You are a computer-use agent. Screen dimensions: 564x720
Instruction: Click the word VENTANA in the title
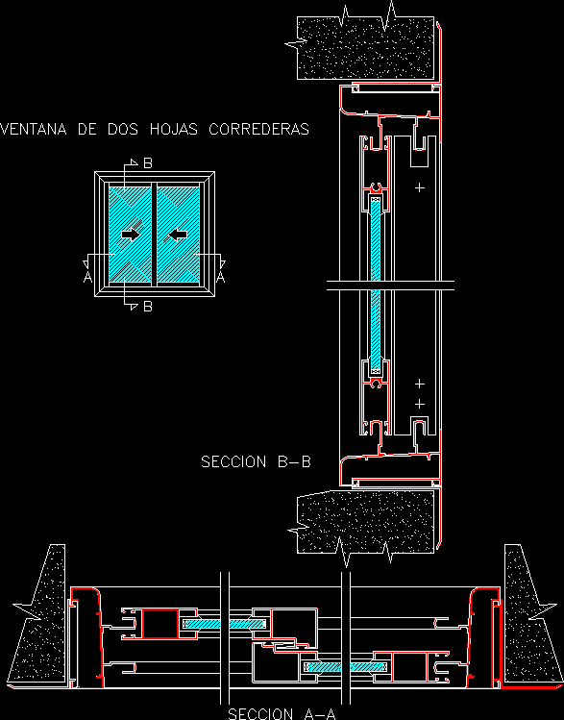(34, 129)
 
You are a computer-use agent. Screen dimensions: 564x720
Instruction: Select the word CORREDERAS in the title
(258, 129)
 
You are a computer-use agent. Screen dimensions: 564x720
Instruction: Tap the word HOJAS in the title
(174, 129)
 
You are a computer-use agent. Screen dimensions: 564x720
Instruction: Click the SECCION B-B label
(257, 461)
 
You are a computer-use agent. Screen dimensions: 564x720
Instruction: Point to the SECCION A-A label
(282, 713)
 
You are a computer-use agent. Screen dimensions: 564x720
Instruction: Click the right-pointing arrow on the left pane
(131, 236)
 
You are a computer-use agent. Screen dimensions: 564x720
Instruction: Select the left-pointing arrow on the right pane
(178, 236)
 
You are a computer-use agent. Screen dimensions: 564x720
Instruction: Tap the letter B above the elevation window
(147, 163)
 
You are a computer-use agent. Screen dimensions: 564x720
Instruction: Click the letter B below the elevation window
(147, 307)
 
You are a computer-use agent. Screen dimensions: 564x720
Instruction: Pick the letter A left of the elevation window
(87, 277)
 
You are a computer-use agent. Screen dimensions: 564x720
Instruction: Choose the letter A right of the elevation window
(221, 277)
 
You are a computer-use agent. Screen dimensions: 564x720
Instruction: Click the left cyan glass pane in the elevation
(131, 235)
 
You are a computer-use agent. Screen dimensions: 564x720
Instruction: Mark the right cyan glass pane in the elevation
(179, 235)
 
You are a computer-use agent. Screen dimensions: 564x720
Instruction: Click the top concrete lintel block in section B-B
(365, 48)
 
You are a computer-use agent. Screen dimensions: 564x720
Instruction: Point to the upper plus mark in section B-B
(420, 187)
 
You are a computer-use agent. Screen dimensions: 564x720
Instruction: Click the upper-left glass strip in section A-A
(225, 624)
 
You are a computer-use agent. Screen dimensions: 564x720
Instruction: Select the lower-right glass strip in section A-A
(347, 667)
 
